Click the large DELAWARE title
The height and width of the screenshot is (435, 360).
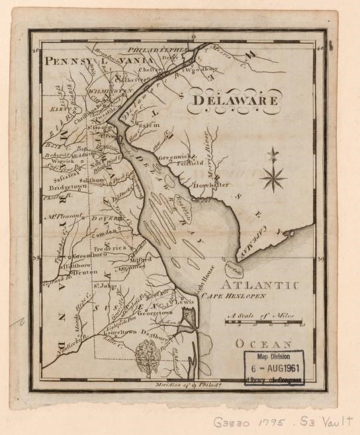pos(236,101)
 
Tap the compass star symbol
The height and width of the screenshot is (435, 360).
pos(273,177)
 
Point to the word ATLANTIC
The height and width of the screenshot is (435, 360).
pos(259,285)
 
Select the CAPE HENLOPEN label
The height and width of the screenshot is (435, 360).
pos(234,296)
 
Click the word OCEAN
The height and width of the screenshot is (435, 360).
pos(263,344)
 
